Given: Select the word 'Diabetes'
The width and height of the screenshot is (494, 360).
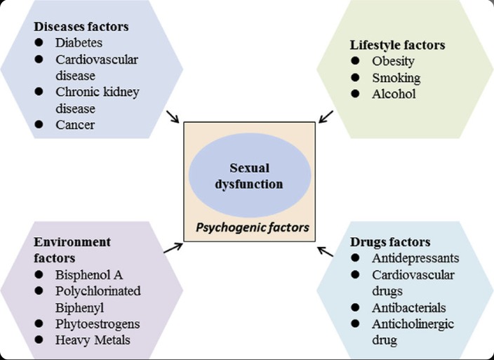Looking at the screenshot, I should [x=80, y=43].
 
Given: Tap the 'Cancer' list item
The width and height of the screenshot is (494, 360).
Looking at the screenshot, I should [x=75, y=125].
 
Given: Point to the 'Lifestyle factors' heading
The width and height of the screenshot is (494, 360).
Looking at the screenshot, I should [x=397, y=45].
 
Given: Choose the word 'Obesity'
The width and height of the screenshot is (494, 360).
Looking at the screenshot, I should [x=394, y=61].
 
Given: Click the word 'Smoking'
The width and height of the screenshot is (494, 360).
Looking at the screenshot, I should [x=396, y=77].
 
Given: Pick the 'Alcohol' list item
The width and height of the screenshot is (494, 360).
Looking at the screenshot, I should [x=394, y=93].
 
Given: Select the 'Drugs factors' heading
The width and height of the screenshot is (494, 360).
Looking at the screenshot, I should [x=389, y=242].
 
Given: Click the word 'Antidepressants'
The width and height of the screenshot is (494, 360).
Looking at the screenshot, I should [x=415, y=258].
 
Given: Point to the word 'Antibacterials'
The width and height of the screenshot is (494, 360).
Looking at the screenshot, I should [x=409, y=307].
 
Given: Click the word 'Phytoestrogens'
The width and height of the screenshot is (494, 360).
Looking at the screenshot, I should [x=98, y=324].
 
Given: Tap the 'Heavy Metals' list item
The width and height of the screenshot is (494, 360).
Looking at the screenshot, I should [x=92, y=340].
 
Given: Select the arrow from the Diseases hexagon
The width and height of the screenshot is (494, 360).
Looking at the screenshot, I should [x=173, y=116].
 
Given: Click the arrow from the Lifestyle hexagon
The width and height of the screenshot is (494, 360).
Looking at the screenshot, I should [x=326, y=116].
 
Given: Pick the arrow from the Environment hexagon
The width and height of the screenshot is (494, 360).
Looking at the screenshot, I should [x=173, y=248].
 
